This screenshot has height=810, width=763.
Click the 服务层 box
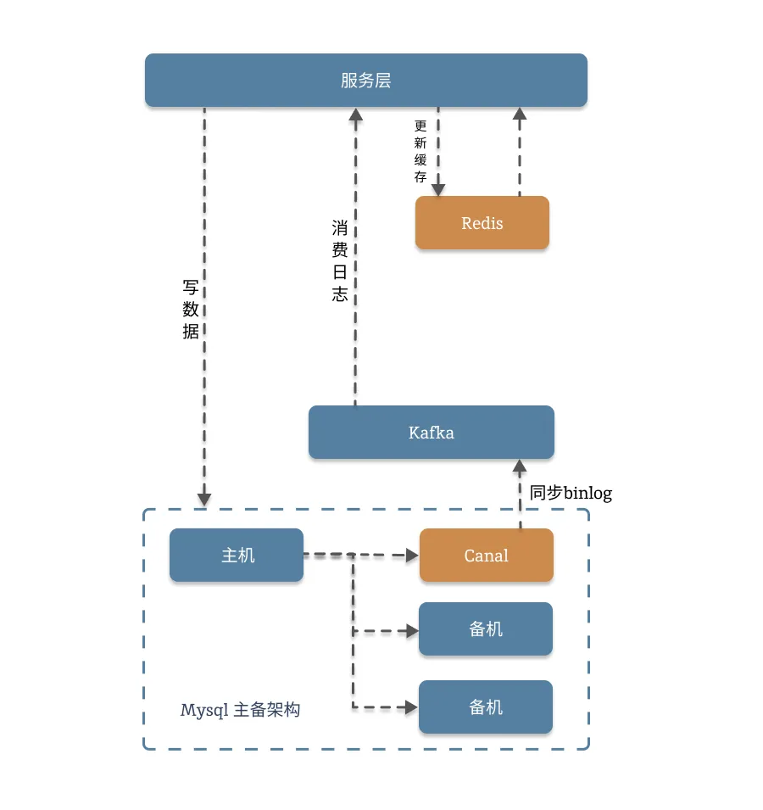[366, 81]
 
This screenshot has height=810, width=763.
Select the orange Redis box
[482, 223]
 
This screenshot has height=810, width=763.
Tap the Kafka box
[432, 433]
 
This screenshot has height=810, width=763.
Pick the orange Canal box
[487, 556]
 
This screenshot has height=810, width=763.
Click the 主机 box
[237, 556]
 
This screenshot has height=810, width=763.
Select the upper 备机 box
[486, 629]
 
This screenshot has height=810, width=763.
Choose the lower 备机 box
[486, 707]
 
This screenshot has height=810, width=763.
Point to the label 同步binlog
[571, 493]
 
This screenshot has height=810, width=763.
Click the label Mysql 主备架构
[240, 710]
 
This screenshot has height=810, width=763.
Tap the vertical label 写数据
[191, 309]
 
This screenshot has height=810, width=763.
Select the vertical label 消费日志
[340, 260]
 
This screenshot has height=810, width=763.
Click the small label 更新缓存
[420, 151]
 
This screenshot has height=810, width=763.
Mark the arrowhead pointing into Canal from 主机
[413, 556]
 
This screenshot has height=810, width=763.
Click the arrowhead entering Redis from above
[438, 189]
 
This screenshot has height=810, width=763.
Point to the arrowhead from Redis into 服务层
[520, 115]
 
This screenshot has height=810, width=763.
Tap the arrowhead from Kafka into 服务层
[355, 115]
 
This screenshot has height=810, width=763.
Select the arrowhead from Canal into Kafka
[520, 466]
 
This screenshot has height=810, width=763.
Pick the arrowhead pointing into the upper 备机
[412, 631]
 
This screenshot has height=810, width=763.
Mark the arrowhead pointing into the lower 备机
[412, 707]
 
